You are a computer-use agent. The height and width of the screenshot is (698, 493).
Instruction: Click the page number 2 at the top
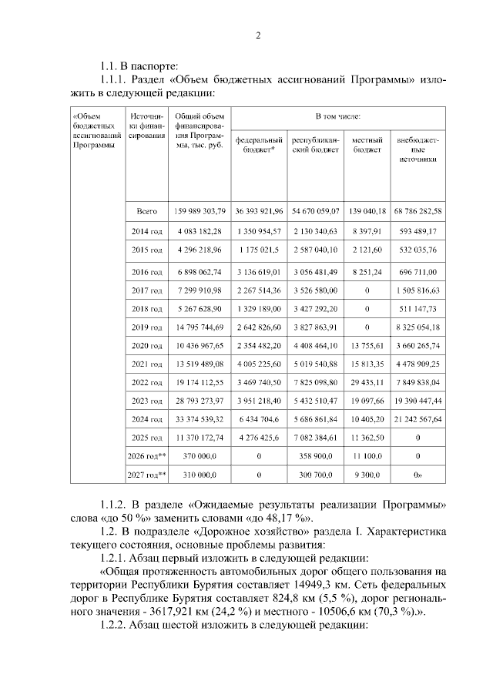pos(259,35)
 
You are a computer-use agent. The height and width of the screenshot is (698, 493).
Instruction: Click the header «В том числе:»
pos(338,116)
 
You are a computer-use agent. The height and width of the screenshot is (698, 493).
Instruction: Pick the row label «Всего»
pos(146,210)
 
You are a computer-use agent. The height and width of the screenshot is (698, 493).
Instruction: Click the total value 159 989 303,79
pos(200,210)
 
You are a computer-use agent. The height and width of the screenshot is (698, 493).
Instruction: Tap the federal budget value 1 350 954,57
pos(259,230)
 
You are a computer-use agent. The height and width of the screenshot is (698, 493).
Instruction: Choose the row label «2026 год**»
pos(146,456)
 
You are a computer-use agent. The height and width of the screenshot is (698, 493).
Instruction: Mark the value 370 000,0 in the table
pos(200,456)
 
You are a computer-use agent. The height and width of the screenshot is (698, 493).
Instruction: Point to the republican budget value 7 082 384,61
pos(316,438)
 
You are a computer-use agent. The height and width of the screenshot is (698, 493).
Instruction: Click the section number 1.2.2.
pos(118,625)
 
